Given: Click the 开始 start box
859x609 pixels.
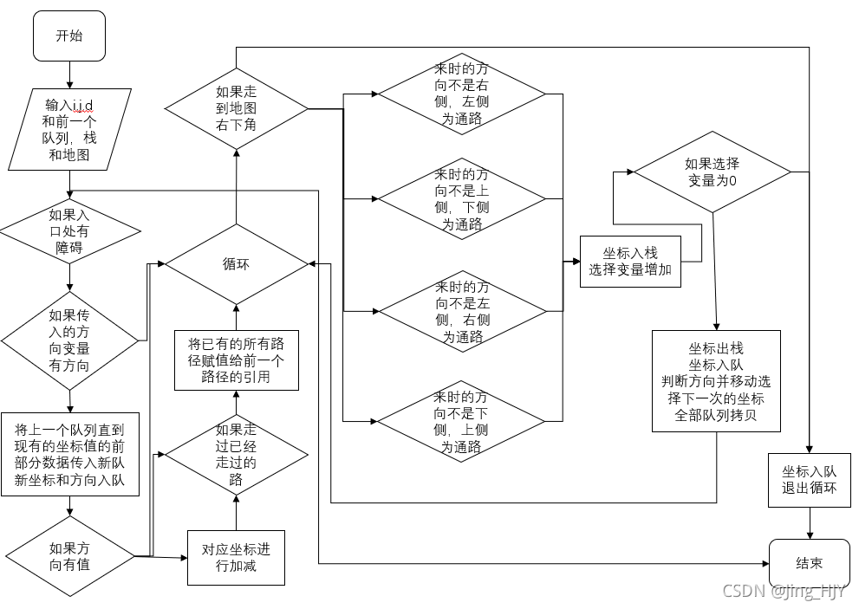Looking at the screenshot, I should (68, 36).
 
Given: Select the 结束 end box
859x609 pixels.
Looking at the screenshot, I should (809, 564).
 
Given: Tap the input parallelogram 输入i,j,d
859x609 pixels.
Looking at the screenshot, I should (70, 129).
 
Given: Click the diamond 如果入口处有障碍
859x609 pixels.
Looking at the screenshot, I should (69, 231).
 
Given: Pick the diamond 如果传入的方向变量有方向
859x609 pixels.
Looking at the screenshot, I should (69, 340).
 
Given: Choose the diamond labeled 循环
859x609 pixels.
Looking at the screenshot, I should (236, 264).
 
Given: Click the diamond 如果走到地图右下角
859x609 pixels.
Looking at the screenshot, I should (236, 108).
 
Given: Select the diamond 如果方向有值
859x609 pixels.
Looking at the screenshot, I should (69, 556).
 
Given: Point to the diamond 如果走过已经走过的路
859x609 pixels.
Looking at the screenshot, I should (236, 454).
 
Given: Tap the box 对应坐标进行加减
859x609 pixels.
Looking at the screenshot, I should (236, 556).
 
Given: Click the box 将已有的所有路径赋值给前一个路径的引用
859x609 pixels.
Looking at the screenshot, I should (236, 360).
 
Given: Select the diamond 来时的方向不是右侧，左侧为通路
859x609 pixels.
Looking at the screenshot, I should (461, 94).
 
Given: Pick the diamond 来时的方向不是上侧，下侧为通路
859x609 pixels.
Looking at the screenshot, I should (461, 199).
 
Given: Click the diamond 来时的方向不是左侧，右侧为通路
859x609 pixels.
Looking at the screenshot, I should (461, 311).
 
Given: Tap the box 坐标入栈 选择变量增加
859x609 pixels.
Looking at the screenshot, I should (630, 261).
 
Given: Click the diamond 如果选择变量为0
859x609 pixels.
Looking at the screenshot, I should (712, 172).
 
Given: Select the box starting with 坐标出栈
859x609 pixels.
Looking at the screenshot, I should (716, 380).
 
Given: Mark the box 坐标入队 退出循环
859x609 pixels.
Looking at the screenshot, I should (809, 479).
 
